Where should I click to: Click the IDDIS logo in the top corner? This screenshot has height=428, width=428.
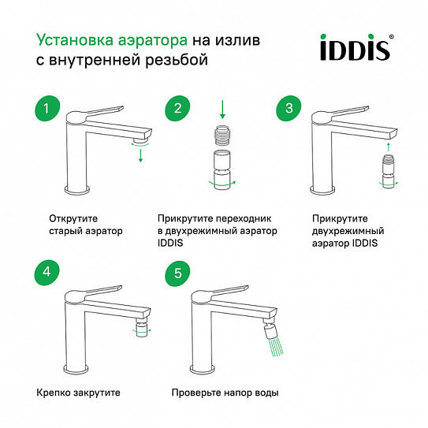(x=357, y=47)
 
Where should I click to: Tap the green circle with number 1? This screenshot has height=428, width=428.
(x=47, y=108)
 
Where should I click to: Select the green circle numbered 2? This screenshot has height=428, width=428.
(x=177, y=108)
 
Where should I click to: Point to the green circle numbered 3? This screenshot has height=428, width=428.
(x=288, y=108)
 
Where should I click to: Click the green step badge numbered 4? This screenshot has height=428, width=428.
(x=47, y=273)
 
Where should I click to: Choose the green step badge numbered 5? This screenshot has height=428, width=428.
(x=177, y=274)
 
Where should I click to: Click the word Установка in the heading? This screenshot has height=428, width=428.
(x=75, y=40)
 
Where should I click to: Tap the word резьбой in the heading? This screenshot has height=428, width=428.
(x=177, y=60)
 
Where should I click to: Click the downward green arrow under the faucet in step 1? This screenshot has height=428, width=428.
(x=140, y=155)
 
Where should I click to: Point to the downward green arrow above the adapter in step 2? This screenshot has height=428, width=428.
(x=222, y=110)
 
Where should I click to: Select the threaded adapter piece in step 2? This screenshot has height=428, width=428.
(x=222, y=135)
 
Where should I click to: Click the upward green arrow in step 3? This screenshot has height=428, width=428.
(x=388, y=147)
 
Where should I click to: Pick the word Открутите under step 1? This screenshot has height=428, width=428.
(x=73, y=218)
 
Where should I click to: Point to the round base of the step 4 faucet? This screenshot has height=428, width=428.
(x=76, y=368)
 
